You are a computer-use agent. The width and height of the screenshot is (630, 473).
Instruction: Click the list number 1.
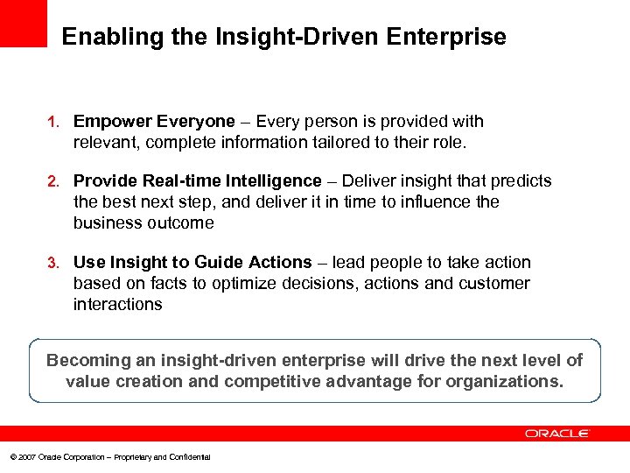52,122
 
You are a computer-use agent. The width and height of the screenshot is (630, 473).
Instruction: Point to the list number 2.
52,181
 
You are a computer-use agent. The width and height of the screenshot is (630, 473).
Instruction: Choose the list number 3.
52,263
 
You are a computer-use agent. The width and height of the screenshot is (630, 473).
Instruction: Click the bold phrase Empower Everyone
154,121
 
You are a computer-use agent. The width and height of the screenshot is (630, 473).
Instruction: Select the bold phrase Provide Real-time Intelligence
197,180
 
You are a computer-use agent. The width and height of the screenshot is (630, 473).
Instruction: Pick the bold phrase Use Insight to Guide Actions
192,262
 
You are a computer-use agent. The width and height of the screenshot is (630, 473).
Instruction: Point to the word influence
430,201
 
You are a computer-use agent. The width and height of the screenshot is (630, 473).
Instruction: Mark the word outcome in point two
182,222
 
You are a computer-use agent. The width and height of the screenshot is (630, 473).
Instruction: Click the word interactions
117,304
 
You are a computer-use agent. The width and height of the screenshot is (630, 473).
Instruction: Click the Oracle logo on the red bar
557,434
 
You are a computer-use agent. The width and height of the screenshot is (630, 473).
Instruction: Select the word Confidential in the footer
191,457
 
